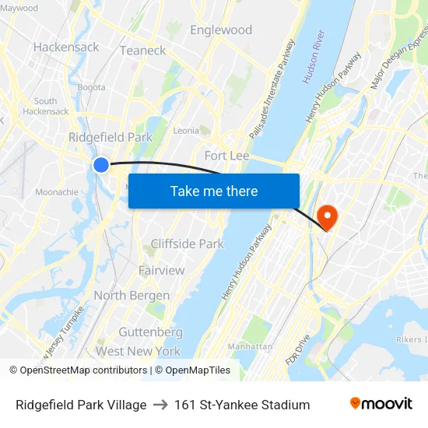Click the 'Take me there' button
point(214,191)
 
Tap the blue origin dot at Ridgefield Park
point(101,164)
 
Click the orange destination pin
point(328,216)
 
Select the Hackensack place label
point(66,47)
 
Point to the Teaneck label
point(142,51)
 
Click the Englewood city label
point(221,30)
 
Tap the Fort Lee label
point(226,156)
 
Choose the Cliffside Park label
point(187,244)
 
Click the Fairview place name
point(161,270)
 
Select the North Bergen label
point(132,296)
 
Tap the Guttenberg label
point(150,332)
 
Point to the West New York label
point(138,352)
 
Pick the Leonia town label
point(186,131)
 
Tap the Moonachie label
point(56,191)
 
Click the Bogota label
point(91,87)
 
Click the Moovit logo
point(381,404)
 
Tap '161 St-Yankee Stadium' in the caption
point(242,405)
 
